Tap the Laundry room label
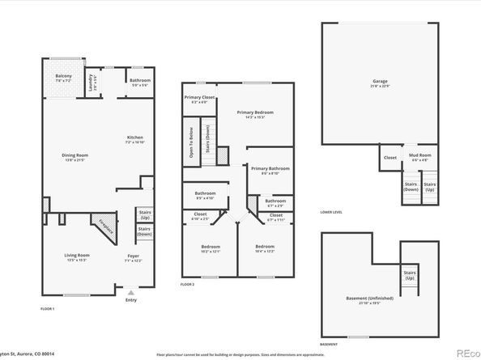(x=94, y=79)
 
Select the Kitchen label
(x=134, y=138)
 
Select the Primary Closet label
(x=198, y=100)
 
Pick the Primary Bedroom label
(x=255, y=113)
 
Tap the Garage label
(x=380, y=82)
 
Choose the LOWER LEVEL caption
(x=331, y=212)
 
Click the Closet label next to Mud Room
(x=389, y=158)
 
